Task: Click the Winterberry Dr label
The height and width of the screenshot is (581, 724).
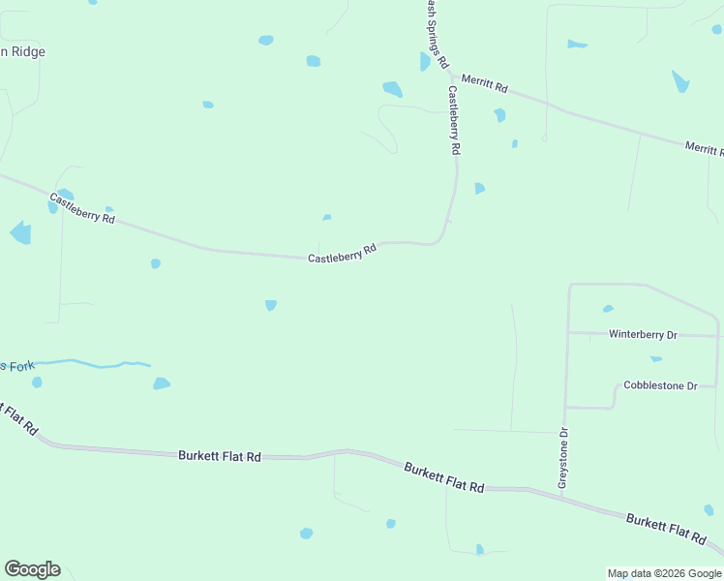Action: pos(643,334)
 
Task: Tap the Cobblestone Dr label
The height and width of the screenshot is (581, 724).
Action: pos(660,385)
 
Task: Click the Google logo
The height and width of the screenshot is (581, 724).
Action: pos(32,569)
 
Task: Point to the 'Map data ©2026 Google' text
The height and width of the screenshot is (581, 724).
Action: pos(664,573)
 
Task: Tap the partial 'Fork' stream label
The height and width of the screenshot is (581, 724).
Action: pos(16,365)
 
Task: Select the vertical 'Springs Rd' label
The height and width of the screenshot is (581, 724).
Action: pos(437,34)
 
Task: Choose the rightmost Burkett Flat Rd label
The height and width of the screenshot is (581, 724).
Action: pos(665,528)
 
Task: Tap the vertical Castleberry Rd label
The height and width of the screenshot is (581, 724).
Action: pos(453,121)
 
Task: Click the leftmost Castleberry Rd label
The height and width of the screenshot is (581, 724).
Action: pos(82,209)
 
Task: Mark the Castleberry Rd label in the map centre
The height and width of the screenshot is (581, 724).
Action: pos(342,255)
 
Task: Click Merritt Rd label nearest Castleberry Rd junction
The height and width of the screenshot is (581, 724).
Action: pos(484,84)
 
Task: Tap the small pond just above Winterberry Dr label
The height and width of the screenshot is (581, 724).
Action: pos(608,309)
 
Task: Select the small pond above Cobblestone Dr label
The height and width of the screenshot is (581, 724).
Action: pos(656,359)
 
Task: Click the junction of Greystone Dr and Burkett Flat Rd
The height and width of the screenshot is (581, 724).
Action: pos(561,495)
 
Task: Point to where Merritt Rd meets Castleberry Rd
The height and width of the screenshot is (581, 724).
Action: pos(451,74)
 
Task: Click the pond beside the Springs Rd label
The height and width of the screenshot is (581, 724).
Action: pos(424,62)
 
